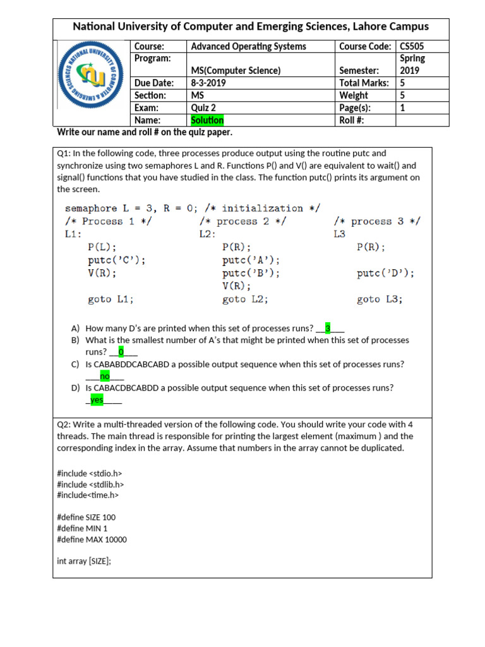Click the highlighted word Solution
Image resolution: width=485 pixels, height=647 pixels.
click(207, 120)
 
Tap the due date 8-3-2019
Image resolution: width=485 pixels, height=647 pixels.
click(208, 83)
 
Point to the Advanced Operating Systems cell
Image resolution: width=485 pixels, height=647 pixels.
click(248, 46)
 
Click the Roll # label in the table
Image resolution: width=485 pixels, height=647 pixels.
click(352, 120)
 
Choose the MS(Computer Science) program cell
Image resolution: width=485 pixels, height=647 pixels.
click(236, 71)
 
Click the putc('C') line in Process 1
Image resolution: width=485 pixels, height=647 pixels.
click(117, 260)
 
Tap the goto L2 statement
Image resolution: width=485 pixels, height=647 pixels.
click(245, 299)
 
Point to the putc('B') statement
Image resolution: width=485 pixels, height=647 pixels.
click(251, 273)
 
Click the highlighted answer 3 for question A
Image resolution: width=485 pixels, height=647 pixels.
click(328, 328)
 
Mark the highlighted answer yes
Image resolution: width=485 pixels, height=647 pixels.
click(97, 400)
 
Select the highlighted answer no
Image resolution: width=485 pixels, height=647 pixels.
click(105, 376)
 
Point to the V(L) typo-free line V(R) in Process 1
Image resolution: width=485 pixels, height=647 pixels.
click(102, 273)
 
